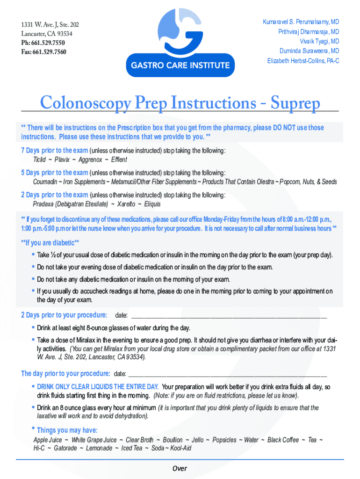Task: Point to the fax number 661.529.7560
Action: point(49,52)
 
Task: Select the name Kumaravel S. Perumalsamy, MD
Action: point(301,22)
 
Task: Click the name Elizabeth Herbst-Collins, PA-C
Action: point(303,61)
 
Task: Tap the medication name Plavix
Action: point(62,160)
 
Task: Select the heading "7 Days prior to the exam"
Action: point(54,150)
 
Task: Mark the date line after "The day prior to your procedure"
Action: point(227,374)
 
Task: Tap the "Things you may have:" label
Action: point(67,430)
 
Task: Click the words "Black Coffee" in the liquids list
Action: point(283,440)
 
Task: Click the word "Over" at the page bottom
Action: point(180,469)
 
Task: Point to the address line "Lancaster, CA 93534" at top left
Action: point(47,34)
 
